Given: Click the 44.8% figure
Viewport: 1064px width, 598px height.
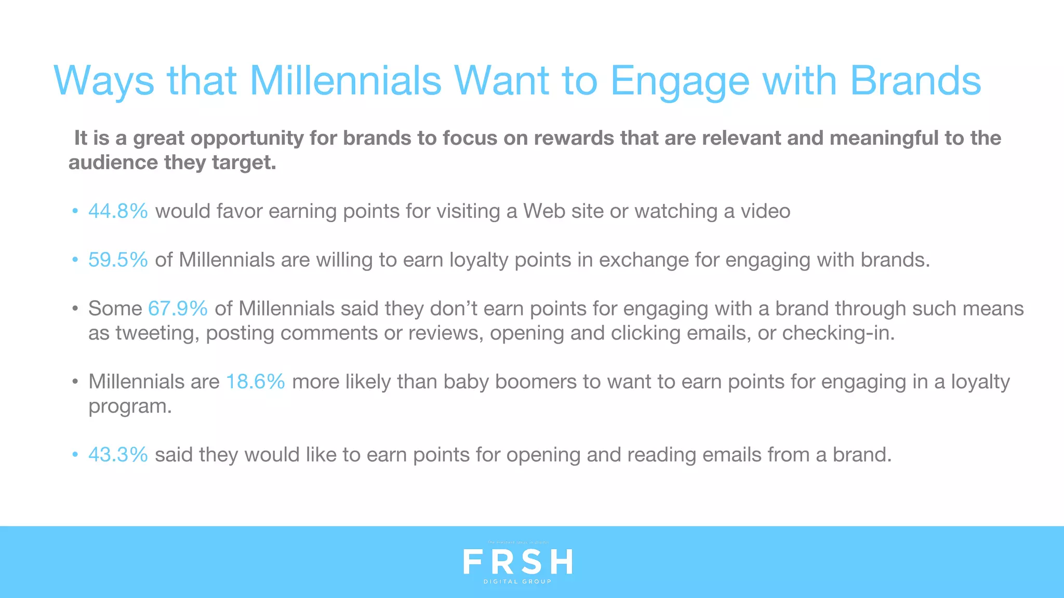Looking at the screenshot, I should (x=118, y=211).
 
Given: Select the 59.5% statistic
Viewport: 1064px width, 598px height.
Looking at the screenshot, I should (x=118, y=260).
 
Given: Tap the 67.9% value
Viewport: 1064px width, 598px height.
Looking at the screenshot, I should (x=178, y=309).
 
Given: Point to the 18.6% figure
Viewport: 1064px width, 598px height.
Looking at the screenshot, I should (x=255, y=382).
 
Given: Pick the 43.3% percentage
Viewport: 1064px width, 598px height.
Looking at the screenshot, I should (x=118, y=455).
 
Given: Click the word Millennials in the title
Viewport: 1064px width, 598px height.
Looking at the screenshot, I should (x=345, y=81).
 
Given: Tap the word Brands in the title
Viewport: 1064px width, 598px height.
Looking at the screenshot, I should (x=915, y=81).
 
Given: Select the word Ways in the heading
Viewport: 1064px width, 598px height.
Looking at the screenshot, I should (x=104, y=82).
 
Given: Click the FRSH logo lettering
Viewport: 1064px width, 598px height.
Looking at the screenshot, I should (x=517, y=562).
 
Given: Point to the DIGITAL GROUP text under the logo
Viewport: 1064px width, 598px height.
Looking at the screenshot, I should (x=517, y=582).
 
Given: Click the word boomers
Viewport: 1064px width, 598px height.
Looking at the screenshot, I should (x=536, y=382).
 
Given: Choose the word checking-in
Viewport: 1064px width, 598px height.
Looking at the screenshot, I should (x=838, y=333).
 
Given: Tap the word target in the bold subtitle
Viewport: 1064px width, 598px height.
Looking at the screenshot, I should (x=244, y=163).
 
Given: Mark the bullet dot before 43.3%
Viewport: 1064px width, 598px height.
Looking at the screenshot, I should (x=75, y=455).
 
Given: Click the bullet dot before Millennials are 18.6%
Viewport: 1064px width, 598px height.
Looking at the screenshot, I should (x=75, y=382).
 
